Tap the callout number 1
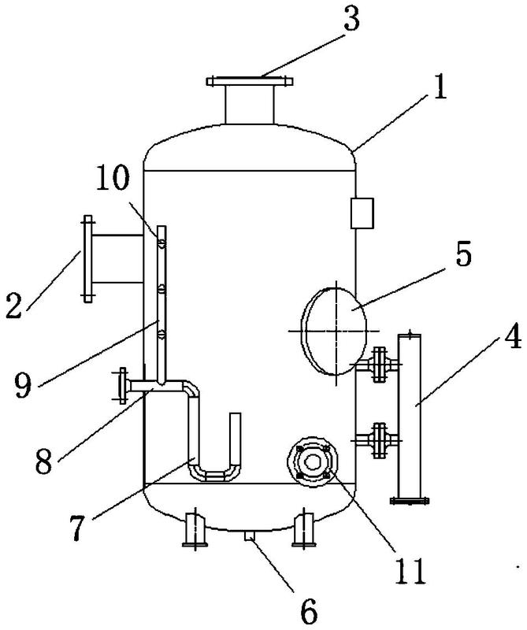(x=437, y=87)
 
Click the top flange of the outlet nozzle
(x=250, y=80)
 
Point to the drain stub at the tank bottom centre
(x=250, y=536)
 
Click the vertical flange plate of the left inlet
(x=86, y=258)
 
